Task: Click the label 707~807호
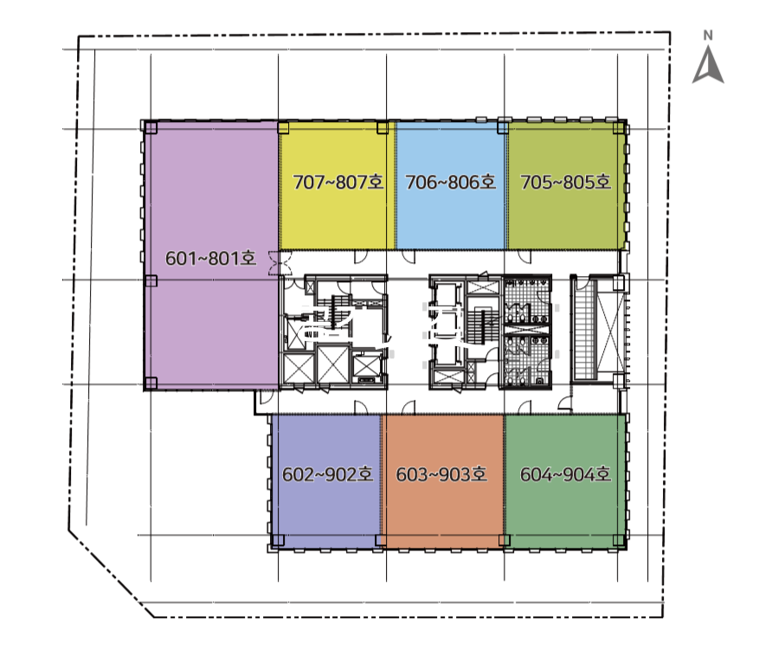(338, 183)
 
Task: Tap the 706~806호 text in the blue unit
(451, 183)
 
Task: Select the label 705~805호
(566, 183)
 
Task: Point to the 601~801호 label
(210, 258)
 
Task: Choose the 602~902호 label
(327, 474)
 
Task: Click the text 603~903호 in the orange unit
(441, 474)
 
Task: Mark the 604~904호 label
(566, 474)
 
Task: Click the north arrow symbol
(708, 65)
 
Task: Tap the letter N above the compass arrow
(708, 35)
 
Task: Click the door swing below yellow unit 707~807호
(361, 256)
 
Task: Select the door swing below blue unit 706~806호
(409, 256)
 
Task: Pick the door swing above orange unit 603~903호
(409, 408)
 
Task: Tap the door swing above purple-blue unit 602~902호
(361, 408)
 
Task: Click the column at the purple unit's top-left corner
(151, 128)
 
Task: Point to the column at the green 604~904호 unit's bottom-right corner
(619, 540)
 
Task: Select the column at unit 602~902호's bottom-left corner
(278, 540)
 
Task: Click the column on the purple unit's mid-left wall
(151, 280)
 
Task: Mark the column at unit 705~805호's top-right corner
(619, 128)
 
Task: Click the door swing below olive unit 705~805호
(524, 256)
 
